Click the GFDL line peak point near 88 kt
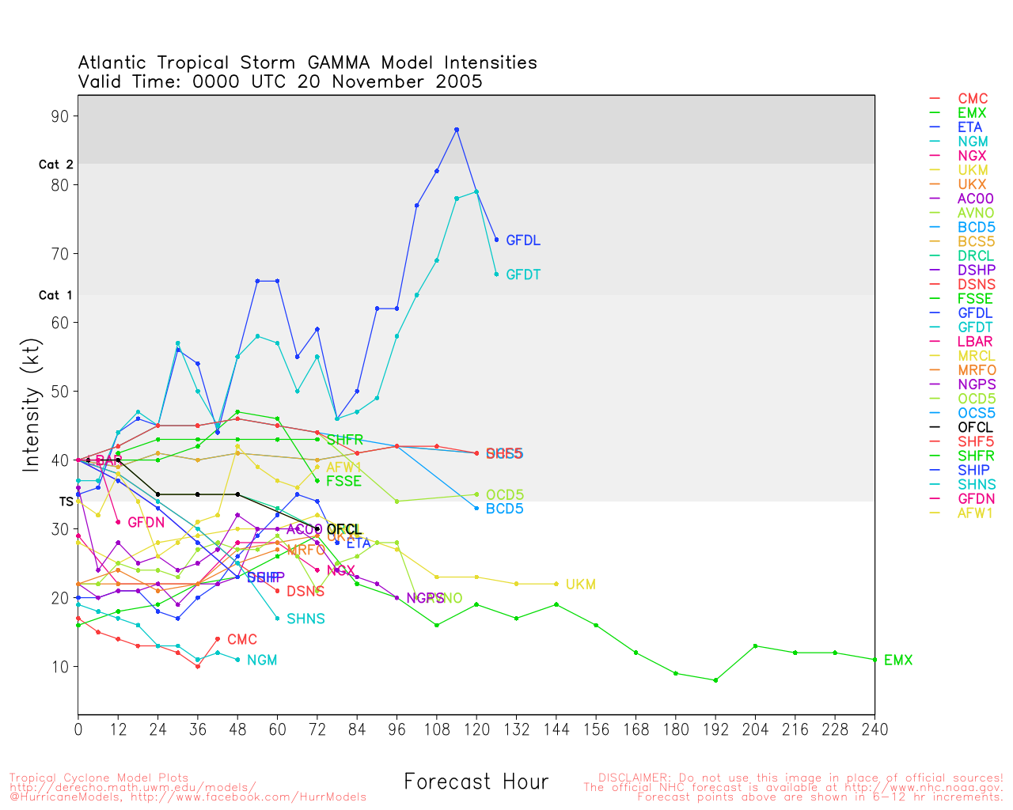point(457,130)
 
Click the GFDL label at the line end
point(523,240)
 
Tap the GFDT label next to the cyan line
point(523,275)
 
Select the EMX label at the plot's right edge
point(898,660)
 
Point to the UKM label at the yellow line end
point(580,585)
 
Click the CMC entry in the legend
point(973,99)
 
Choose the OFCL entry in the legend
point(974,427)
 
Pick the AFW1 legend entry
point(975,513)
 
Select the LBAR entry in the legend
point(976,342)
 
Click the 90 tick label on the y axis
point(60,116)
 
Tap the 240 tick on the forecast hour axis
point(875,729)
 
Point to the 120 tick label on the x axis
point(476,729)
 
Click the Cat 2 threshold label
point(55,165)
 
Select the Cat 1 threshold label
point(55,295)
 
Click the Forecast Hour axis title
point(476,782)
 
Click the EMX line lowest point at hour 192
point(715,680)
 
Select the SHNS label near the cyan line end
point(305,619)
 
